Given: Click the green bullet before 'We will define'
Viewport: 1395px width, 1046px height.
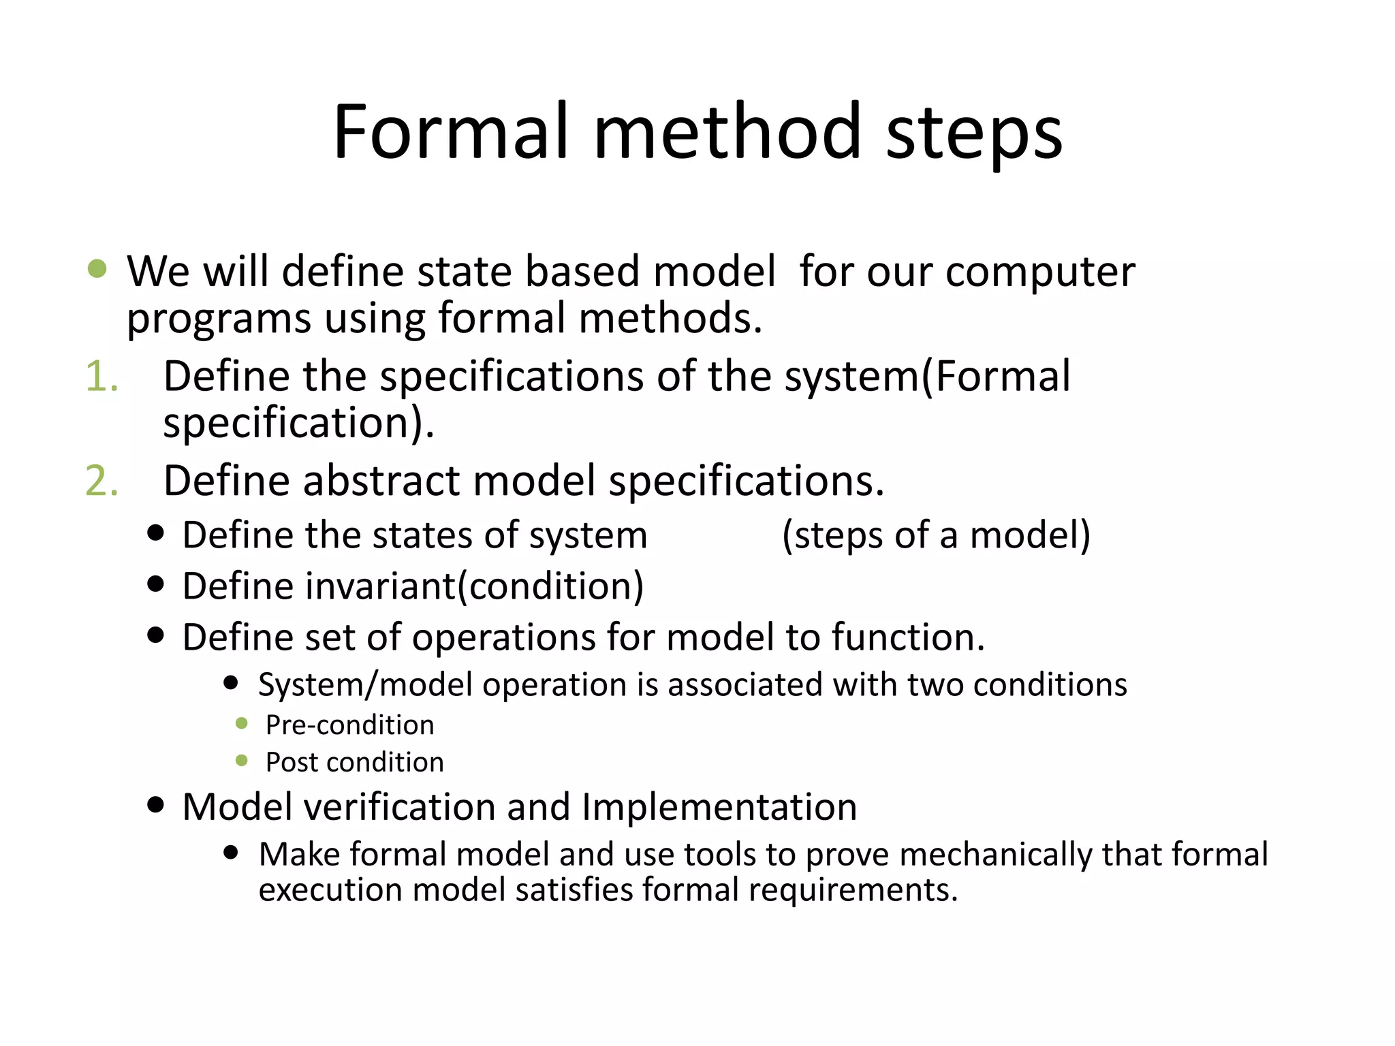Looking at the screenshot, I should (97, 268).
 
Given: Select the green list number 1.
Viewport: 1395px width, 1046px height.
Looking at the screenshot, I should (101, 377).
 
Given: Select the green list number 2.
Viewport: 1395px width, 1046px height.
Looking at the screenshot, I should (101, 481).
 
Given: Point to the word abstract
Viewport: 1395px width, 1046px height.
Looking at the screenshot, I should (381, 481).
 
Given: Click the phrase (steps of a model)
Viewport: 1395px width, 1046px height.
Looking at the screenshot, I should (936, 535).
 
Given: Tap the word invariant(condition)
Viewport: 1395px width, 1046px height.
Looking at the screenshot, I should (413, 586).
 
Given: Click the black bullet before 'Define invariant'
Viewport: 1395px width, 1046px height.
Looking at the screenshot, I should (156, 584).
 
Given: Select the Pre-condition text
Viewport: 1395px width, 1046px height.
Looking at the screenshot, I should (349, 725).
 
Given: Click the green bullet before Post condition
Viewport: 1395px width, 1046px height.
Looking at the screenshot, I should (241, 761).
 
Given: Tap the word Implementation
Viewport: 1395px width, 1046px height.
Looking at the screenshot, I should (719, 808).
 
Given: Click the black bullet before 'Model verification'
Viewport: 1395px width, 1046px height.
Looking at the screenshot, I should (156, 805).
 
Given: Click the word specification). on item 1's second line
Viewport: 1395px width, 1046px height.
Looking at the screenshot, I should (298, 424).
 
